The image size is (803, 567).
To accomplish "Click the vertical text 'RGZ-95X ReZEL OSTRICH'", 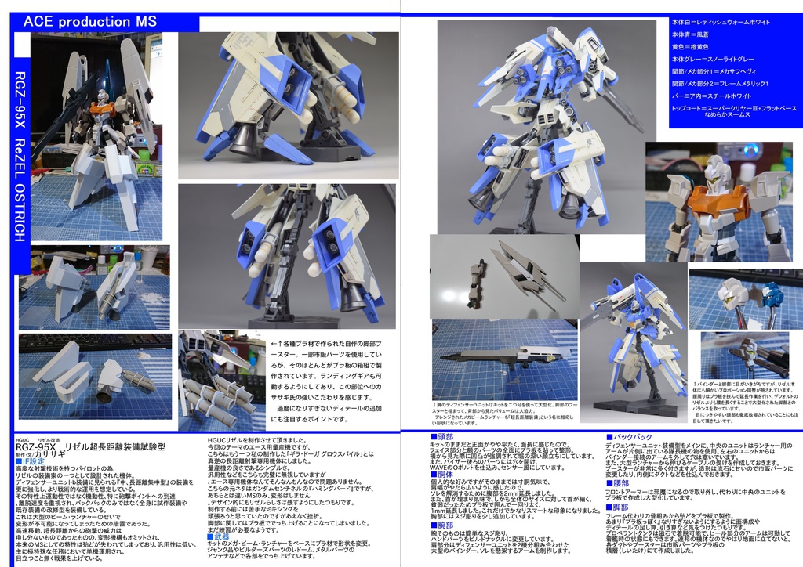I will [x=20, y=157].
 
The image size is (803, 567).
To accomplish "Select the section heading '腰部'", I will [x=620, y=483].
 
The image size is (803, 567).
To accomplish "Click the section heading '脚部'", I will [x=620, y=507].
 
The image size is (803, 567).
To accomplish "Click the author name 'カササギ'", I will [x=50, y=454].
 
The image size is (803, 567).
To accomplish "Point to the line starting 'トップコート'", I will [x=734, y=107].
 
